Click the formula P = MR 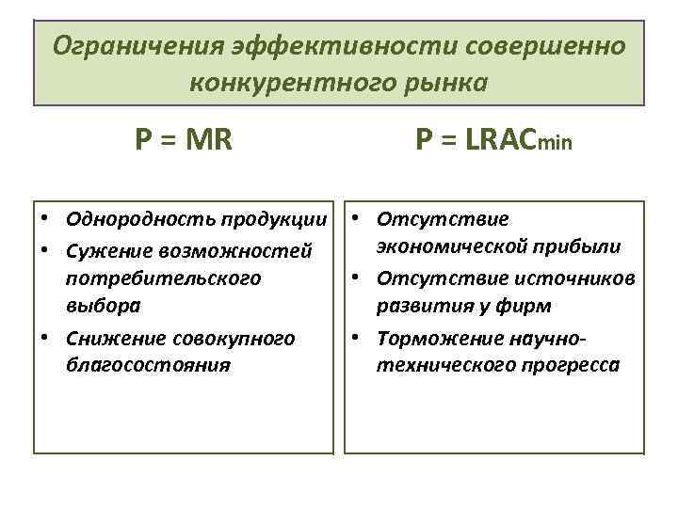pyautogui.click(x=185, y=140)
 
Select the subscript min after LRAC pyautogui.click(x=555, y=144)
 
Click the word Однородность pyautogui.click(x=140, y=220)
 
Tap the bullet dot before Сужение pyautogui.click(x=45, y=250)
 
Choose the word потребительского pyautogui.click(x=164, y=278)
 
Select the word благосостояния pyautogui.click(x=149, y=365)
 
